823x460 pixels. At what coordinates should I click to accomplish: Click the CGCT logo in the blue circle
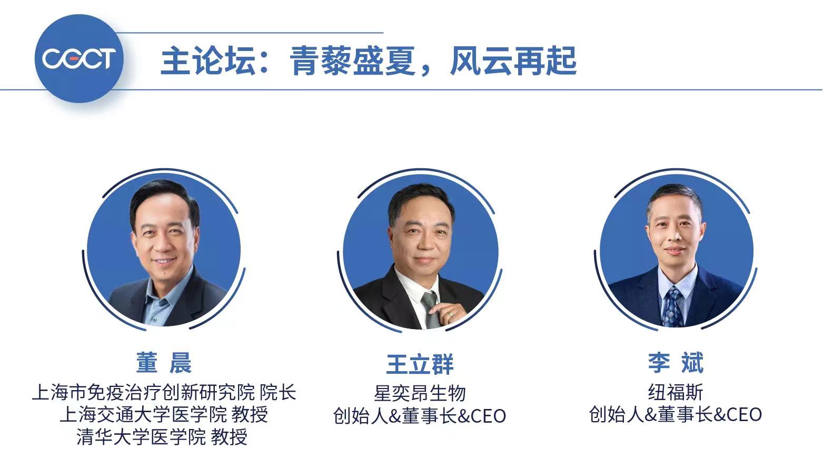79,58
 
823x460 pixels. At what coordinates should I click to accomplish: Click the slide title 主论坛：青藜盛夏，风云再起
369,61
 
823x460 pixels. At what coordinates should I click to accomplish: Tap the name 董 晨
163,363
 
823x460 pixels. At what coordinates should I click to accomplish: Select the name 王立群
420,364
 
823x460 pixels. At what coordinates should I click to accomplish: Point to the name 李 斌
676,363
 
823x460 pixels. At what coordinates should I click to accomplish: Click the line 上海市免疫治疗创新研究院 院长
164,392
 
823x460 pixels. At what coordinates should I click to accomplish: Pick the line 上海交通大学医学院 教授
164,414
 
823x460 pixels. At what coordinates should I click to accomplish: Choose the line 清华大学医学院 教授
162,436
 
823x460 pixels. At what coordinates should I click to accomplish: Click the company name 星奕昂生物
420,393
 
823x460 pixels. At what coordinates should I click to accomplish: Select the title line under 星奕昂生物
420,416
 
